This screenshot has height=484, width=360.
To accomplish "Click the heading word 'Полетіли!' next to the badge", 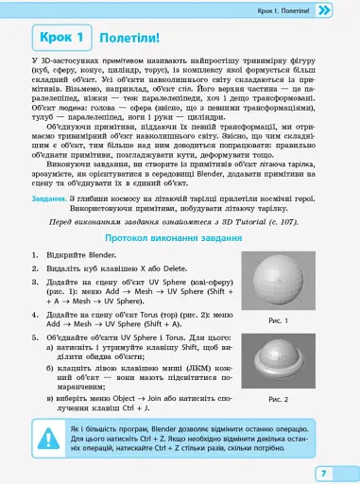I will click(x=129, y=39).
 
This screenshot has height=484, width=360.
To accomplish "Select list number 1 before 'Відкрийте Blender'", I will click(x=35, y=255).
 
